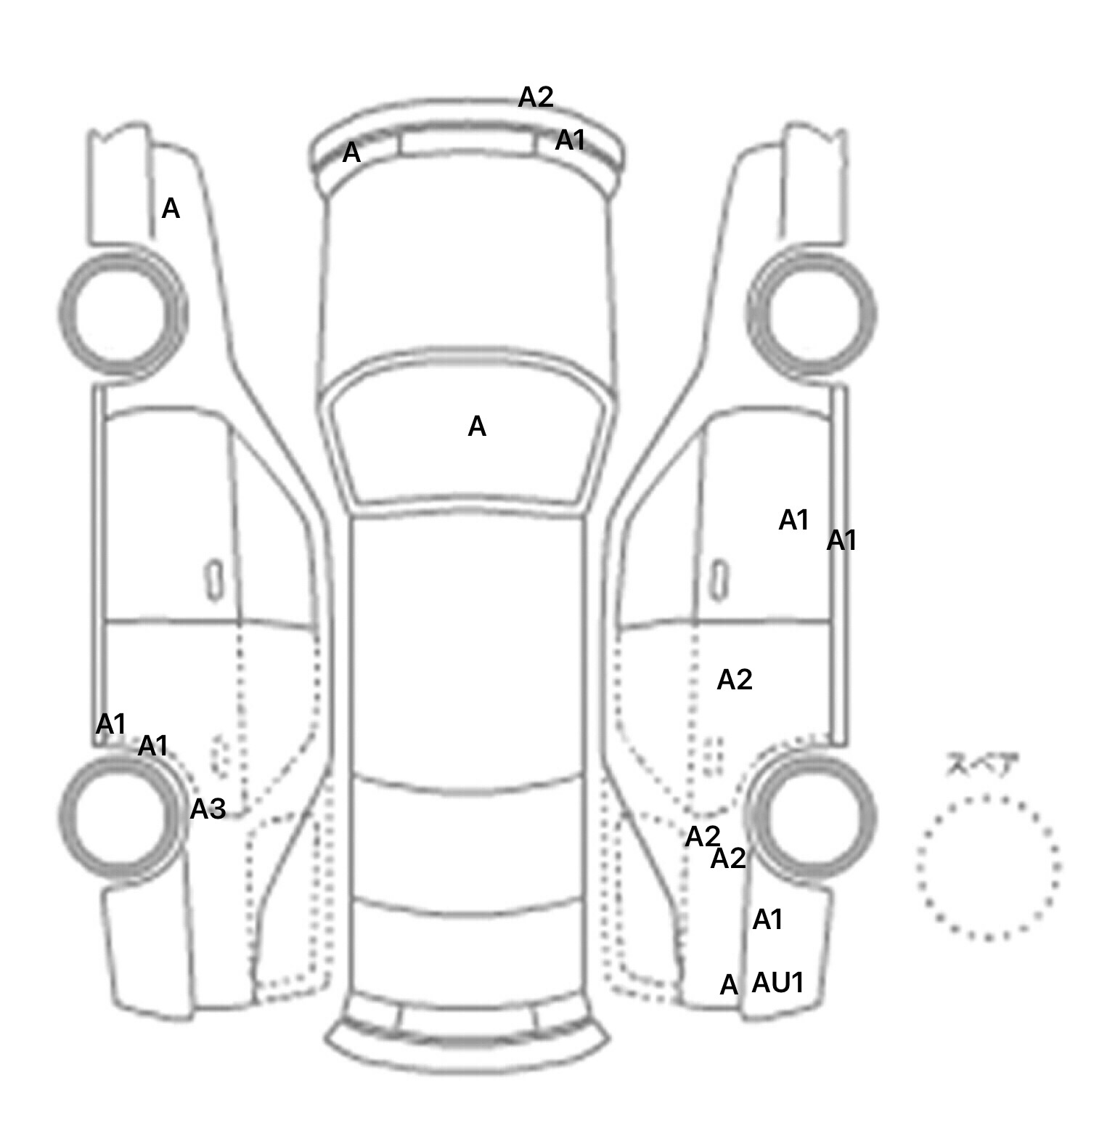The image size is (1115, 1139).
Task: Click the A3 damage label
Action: point(208,808)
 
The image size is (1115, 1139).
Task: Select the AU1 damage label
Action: point(777,983)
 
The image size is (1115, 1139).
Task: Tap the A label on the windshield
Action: point(477,426)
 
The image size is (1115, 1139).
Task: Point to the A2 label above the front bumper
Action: point(536,97)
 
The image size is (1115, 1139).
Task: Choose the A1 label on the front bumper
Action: point(570,140)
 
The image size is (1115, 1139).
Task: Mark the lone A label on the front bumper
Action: point(351,153)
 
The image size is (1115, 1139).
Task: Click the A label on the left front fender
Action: point(170,209)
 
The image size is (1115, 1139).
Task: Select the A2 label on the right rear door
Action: point(734,680)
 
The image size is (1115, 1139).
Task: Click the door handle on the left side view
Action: point(215,580)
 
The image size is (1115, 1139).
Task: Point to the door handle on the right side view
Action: point(719,580)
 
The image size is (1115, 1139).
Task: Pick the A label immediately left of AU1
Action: point(728,986)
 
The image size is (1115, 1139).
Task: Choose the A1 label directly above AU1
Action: point(767,920)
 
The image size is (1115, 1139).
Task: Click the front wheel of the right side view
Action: point(812,313)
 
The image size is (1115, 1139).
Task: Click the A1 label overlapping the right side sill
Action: point(841,540)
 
